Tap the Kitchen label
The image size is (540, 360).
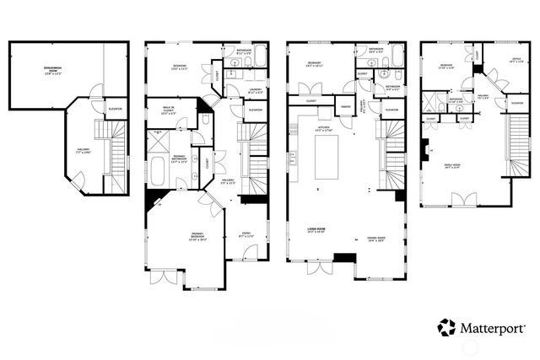pyautogui.click(x=323, y=130)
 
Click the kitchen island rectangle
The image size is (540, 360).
pyautogui.click(x=327, y=159)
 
